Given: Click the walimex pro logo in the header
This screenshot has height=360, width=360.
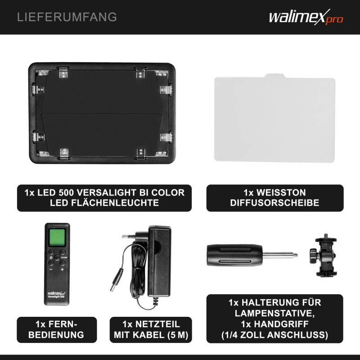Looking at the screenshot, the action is [306, 17].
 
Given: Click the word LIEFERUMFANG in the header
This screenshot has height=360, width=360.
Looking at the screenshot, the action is [67, 17].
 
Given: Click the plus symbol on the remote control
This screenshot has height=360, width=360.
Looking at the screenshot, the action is [62, 269].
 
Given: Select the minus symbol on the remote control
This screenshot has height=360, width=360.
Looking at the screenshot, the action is [51, 269].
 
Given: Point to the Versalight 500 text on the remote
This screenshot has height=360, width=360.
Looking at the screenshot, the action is [56, 297].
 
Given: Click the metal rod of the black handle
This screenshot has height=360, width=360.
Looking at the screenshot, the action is [280, 255].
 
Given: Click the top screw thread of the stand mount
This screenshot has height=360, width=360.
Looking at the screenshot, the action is [325, 236].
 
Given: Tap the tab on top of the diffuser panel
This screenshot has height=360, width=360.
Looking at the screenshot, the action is [275, 76].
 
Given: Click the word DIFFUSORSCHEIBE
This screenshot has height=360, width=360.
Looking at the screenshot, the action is [274, 203].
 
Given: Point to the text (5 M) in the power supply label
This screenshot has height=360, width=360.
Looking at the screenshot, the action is [178, 335].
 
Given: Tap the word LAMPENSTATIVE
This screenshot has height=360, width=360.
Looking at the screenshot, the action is [274, 313].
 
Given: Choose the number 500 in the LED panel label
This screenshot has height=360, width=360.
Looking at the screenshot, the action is [65, 193].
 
